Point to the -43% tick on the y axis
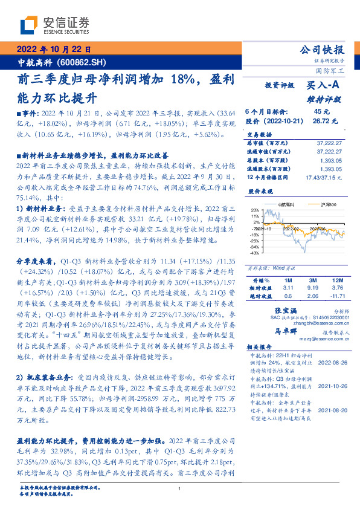(255, 253)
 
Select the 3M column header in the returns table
(312, 280)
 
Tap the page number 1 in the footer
(180, 488)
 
